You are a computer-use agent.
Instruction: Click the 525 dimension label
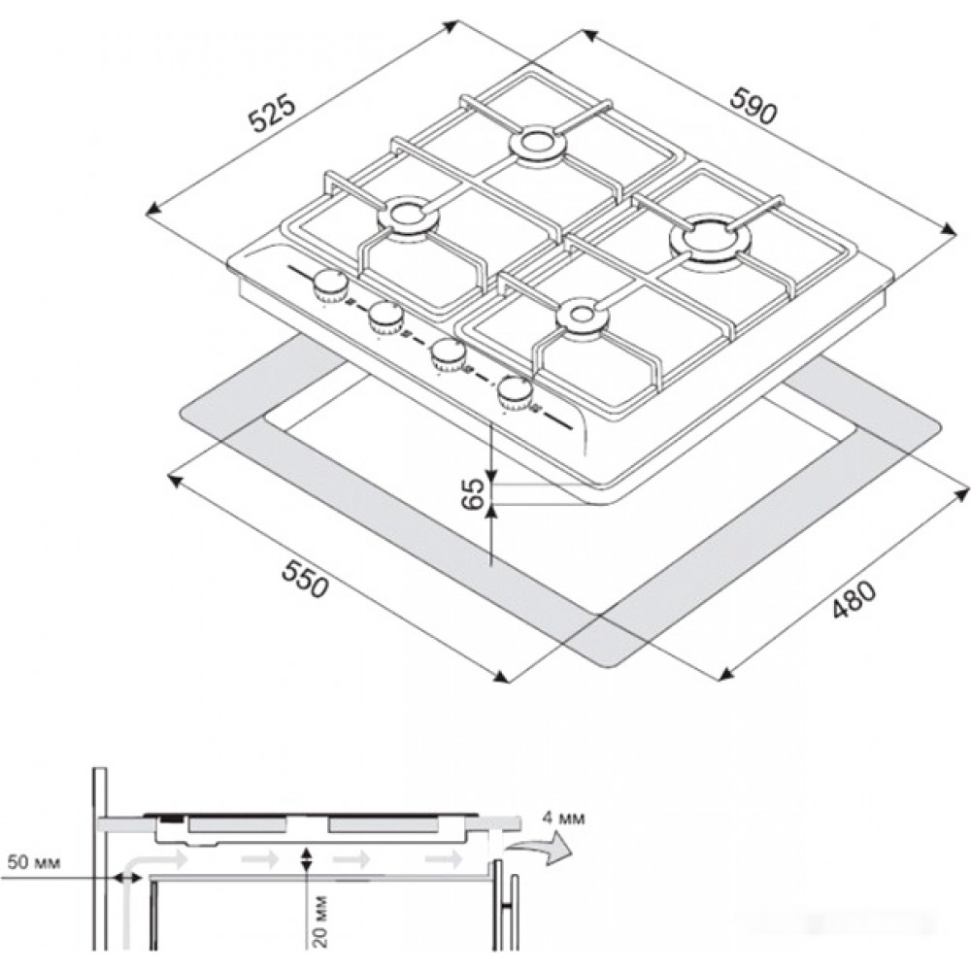click(273, 114)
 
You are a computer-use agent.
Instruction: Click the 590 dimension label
click(753, 106)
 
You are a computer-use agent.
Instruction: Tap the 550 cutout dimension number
click(304, 579)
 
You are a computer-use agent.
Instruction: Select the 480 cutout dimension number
click(854, 599)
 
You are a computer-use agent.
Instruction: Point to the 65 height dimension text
click(474, 493)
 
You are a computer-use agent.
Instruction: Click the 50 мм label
click(35, 862)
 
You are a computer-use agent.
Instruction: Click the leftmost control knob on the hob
click(331, 286)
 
